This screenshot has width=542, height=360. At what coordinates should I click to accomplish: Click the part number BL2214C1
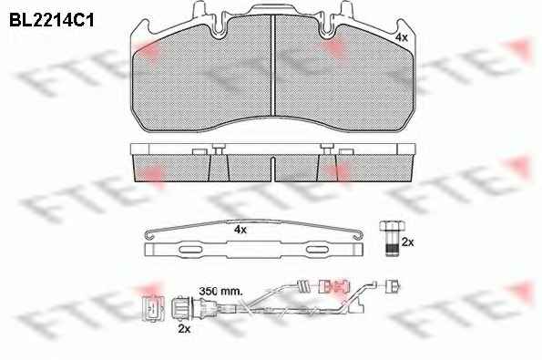[52, 20]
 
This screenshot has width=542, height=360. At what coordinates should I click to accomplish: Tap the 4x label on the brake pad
[402, 37]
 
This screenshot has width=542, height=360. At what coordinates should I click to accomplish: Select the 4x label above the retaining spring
[240, 230]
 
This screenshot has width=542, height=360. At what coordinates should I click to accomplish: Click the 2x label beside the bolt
[407, 242]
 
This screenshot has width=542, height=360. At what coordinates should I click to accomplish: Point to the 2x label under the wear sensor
[184, 328]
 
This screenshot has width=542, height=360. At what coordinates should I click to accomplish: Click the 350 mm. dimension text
[220, 291]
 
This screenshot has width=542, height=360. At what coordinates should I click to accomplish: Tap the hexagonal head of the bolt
[392, 226]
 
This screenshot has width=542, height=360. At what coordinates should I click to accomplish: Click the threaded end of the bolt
[392, 250]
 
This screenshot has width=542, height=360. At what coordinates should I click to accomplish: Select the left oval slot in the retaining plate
[190, 250]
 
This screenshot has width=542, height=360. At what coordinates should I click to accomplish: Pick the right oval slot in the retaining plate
[318, 250]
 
